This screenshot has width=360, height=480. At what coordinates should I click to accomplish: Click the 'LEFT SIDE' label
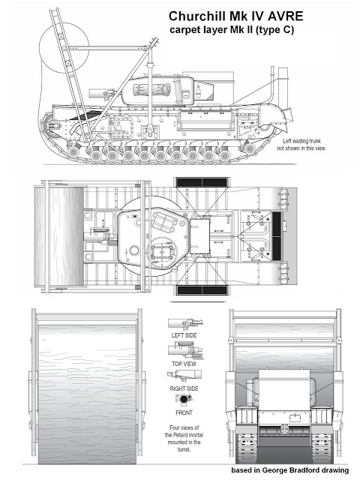(184, 335)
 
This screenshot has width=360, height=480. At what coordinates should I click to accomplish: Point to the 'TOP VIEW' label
(184, 364)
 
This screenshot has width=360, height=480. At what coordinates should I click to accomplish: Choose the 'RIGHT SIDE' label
(184, 388)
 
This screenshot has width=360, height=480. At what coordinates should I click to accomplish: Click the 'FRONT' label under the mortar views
(184, 412)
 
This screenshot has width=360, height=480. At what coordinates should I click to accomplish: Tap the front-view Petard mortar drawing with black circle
(184, 399)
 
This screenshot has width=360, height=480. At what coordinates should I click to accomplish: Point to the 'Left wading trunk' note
(301, 141)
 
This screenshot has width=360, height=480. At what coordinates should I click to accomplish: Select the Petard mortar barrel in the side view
(100, 93)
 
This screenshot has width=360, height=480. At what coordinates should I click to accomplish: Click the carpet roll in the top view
(58, 237)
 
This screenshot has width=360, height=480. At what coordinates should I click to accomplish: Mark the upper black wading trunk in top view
(202, 182)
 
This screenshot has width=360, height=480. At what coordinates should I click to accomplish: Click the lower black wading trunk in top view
(202, 290)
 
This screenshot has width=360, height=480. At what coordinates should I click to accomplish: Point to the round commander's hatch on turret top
(133, 250)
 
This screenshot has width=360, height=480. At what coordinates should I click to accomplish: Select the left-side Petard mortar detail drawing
(185, 324)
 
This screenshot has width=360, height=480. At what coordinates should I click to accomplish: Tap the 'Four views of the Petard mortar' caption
(184, 438)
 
